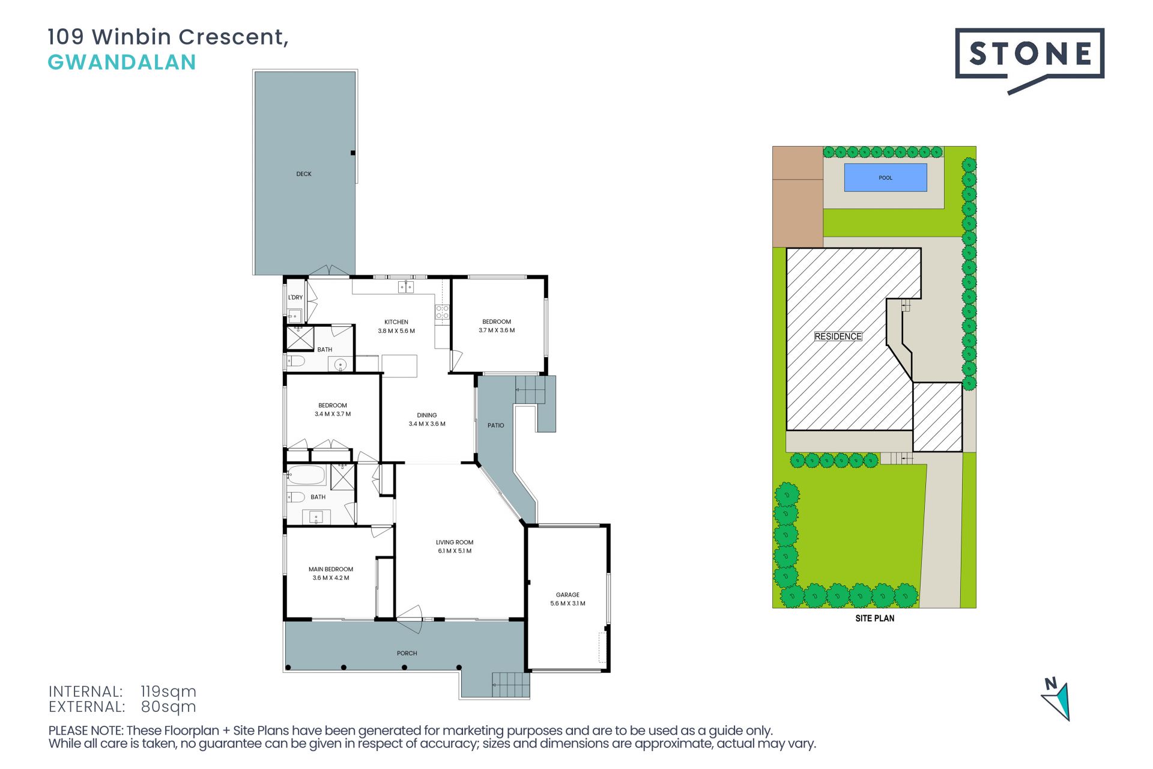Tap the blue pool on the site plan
pos(885,177)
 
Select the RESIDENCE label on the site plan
pos(838,336)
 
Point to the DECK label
pos(304,174)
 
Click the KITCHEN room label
pos(396,322)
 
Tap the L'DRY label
pos(295,297)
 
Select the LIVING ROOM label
pos(455,543)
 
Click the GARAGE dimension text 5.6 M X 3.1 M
pos(567,604)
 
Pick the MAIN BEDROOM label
pos(331,570)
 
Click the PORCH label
pos(407,653)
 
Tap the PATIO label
pos(495,425)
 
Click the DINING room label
pos(427,415)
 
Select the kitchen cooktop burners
pos(442,312)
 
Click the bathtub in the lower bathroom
pos(306,475)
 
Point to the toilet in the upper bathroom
pos(297,361)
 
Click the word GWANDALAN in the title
pos(122,62)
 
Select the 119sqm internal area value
pos(168,691)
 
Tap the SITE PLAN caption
pos(875,618)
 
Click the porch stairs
pos(511,685)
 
